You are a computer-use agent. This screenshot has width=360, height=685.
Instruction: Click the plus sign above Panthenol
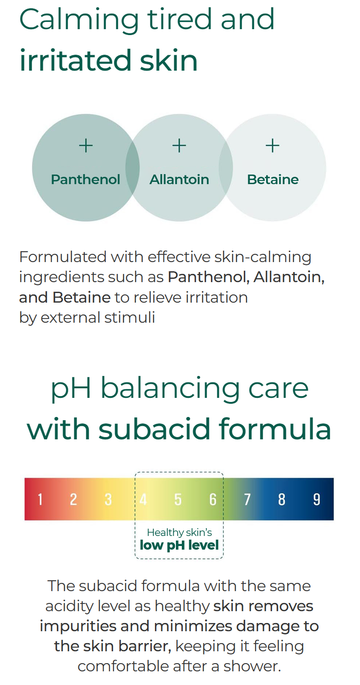[x=86, y=145]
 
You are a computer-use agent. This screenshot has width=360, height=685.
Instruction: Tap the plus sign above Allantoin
[x=179, y=145]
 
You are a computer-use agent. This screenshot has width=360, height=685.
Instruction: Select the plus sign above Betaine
[x=273, y=145]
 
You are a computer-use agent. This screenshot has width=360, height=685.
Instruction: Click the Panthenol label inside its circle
[x=86, y=180]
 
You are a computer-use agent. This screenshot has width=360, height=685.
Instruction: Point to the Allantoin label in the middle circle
[x=179, y=180]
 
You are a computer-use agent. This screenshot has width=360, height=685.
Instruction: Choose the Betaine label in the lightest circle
[x=273, y=180]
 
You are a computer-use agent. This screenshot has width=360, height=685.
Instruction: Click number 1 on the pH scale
[x=40, y=500]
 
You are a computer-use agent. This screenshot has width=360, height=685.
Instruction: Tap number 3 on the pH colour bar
[x=108, y=500]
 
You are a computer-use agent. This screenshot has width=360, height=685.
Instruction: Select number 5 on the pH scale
[x=178, y=500]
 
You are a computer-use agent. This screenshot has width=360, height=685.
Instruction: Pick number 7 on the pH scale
[x=247, y=500]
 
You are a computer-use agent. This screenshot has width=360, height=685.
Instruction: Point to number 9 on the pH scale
[x=317, y=500]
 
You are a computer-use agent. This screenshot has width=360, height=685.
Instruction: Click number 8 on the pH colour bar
[x=282, y=500]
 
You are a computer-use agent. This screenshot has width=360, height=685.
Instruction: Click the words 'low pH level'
[x=179, y=545]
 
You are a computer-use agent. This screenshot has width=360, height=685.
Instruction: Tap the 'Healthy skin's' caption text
[x=180, y=532]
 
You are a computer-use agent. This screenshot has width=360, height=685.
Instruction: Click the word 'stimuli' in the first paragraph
[x=130, y=317]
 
